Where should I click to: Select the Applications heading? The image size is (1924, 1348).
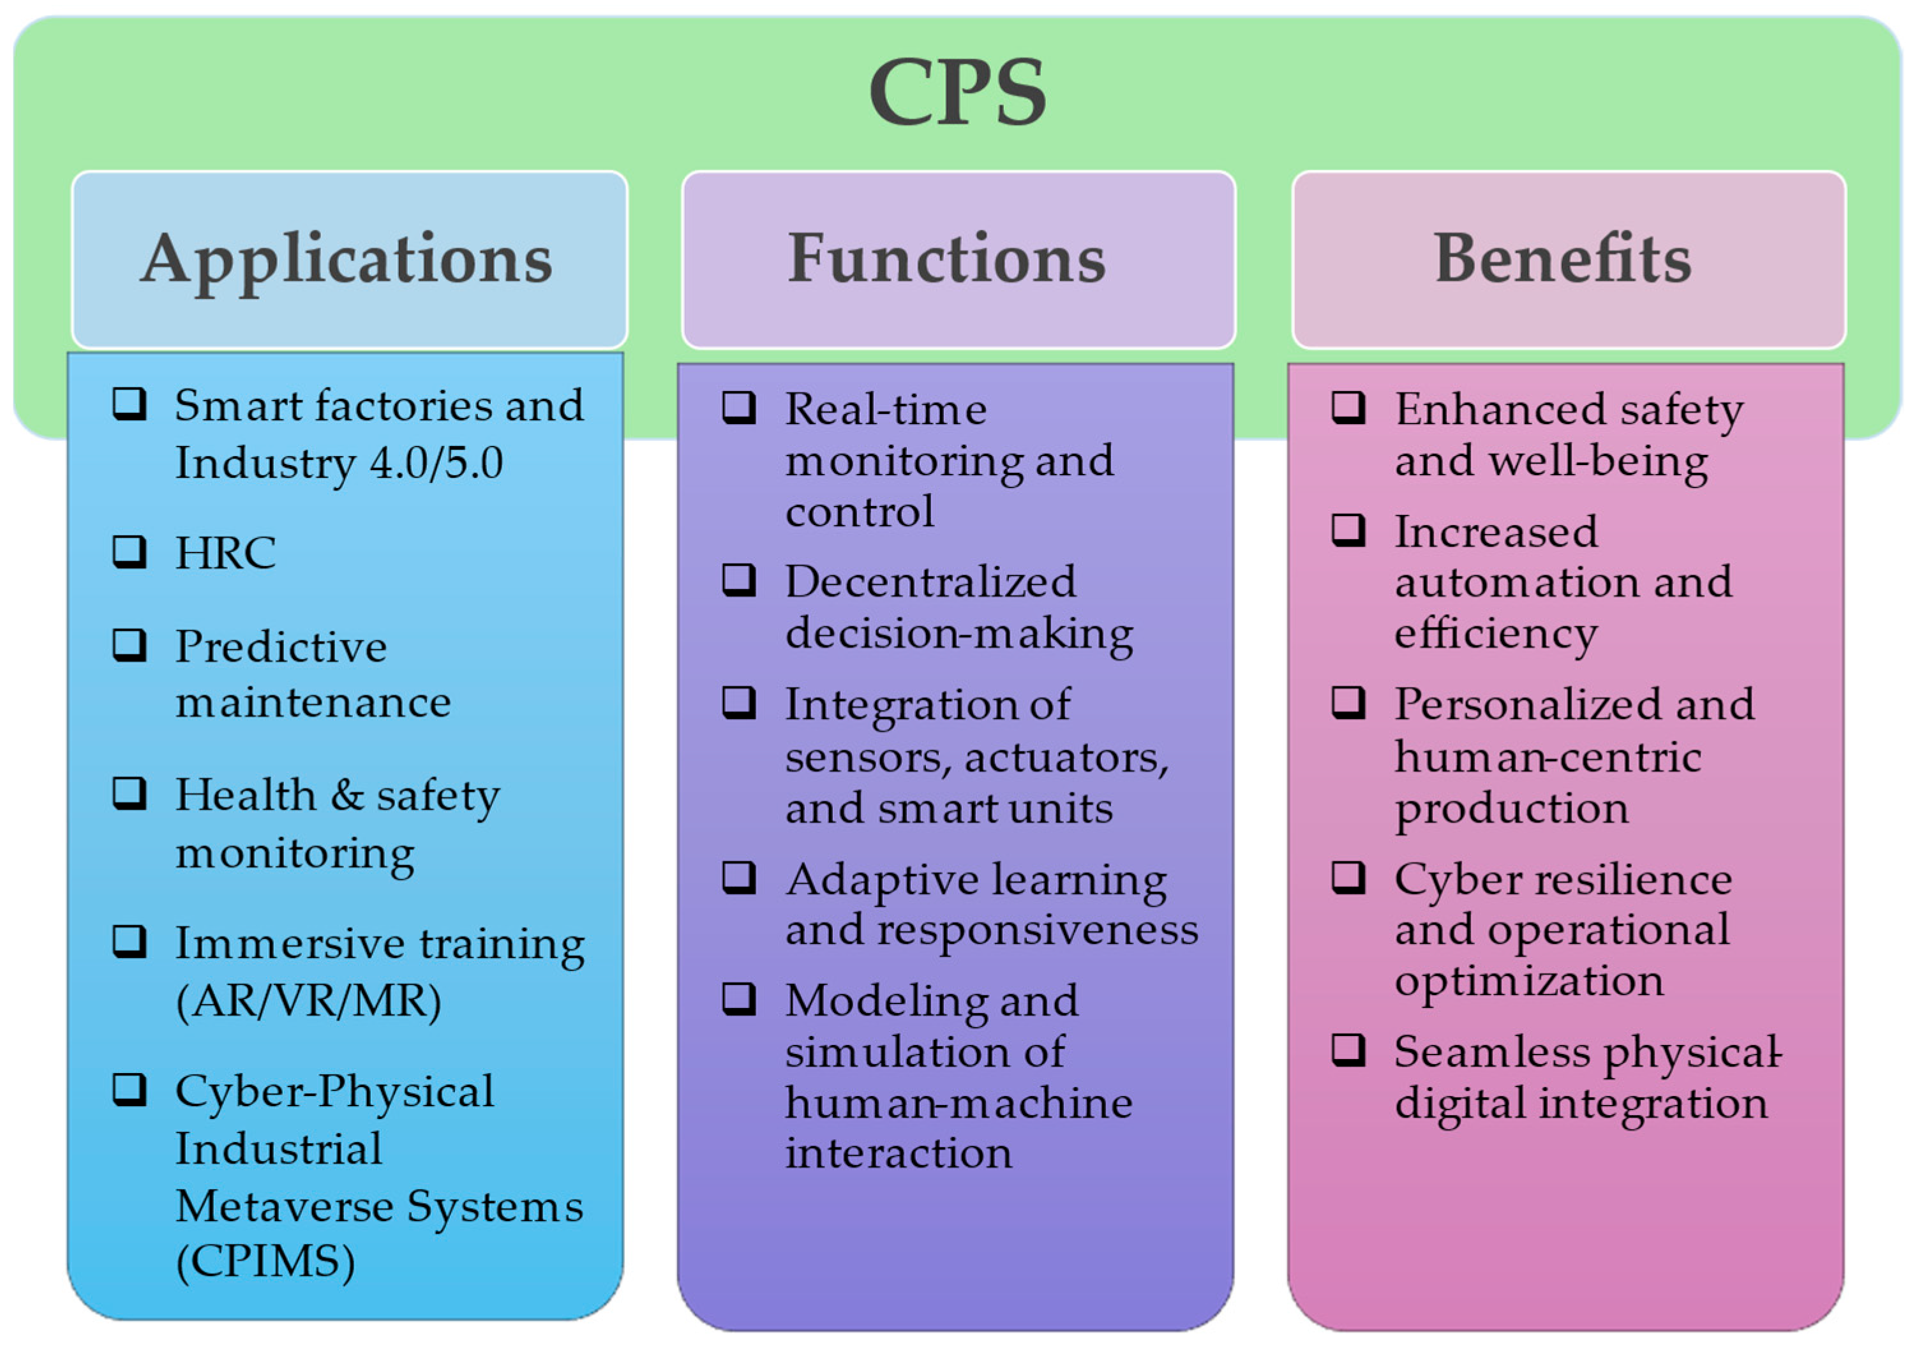click(347, 260)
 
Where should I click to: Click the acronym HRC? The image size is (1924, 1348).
click(225, 553)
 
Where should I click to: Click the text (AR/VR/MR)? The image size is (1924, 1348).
click(308, 1000)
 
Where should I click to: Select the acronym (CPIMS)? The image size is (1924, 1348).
click(265, 1261)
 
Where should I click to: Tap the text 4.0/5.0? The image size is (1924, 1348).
click(436, 463)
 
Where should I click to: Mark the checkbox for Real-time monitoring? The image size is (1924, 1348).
click(739, 409)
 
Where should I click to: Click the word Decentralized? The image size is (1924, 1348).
click(930, 581)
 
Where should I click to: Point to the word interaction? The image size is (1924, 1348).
click(899, 1153)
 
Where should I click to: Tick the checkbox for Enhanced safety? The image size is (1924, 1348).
click(1348, 409)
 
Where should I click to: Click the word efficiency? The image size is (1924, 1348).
click(1496, 633)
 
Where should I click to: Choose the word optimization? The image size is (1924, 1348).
click(1528, 980)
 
